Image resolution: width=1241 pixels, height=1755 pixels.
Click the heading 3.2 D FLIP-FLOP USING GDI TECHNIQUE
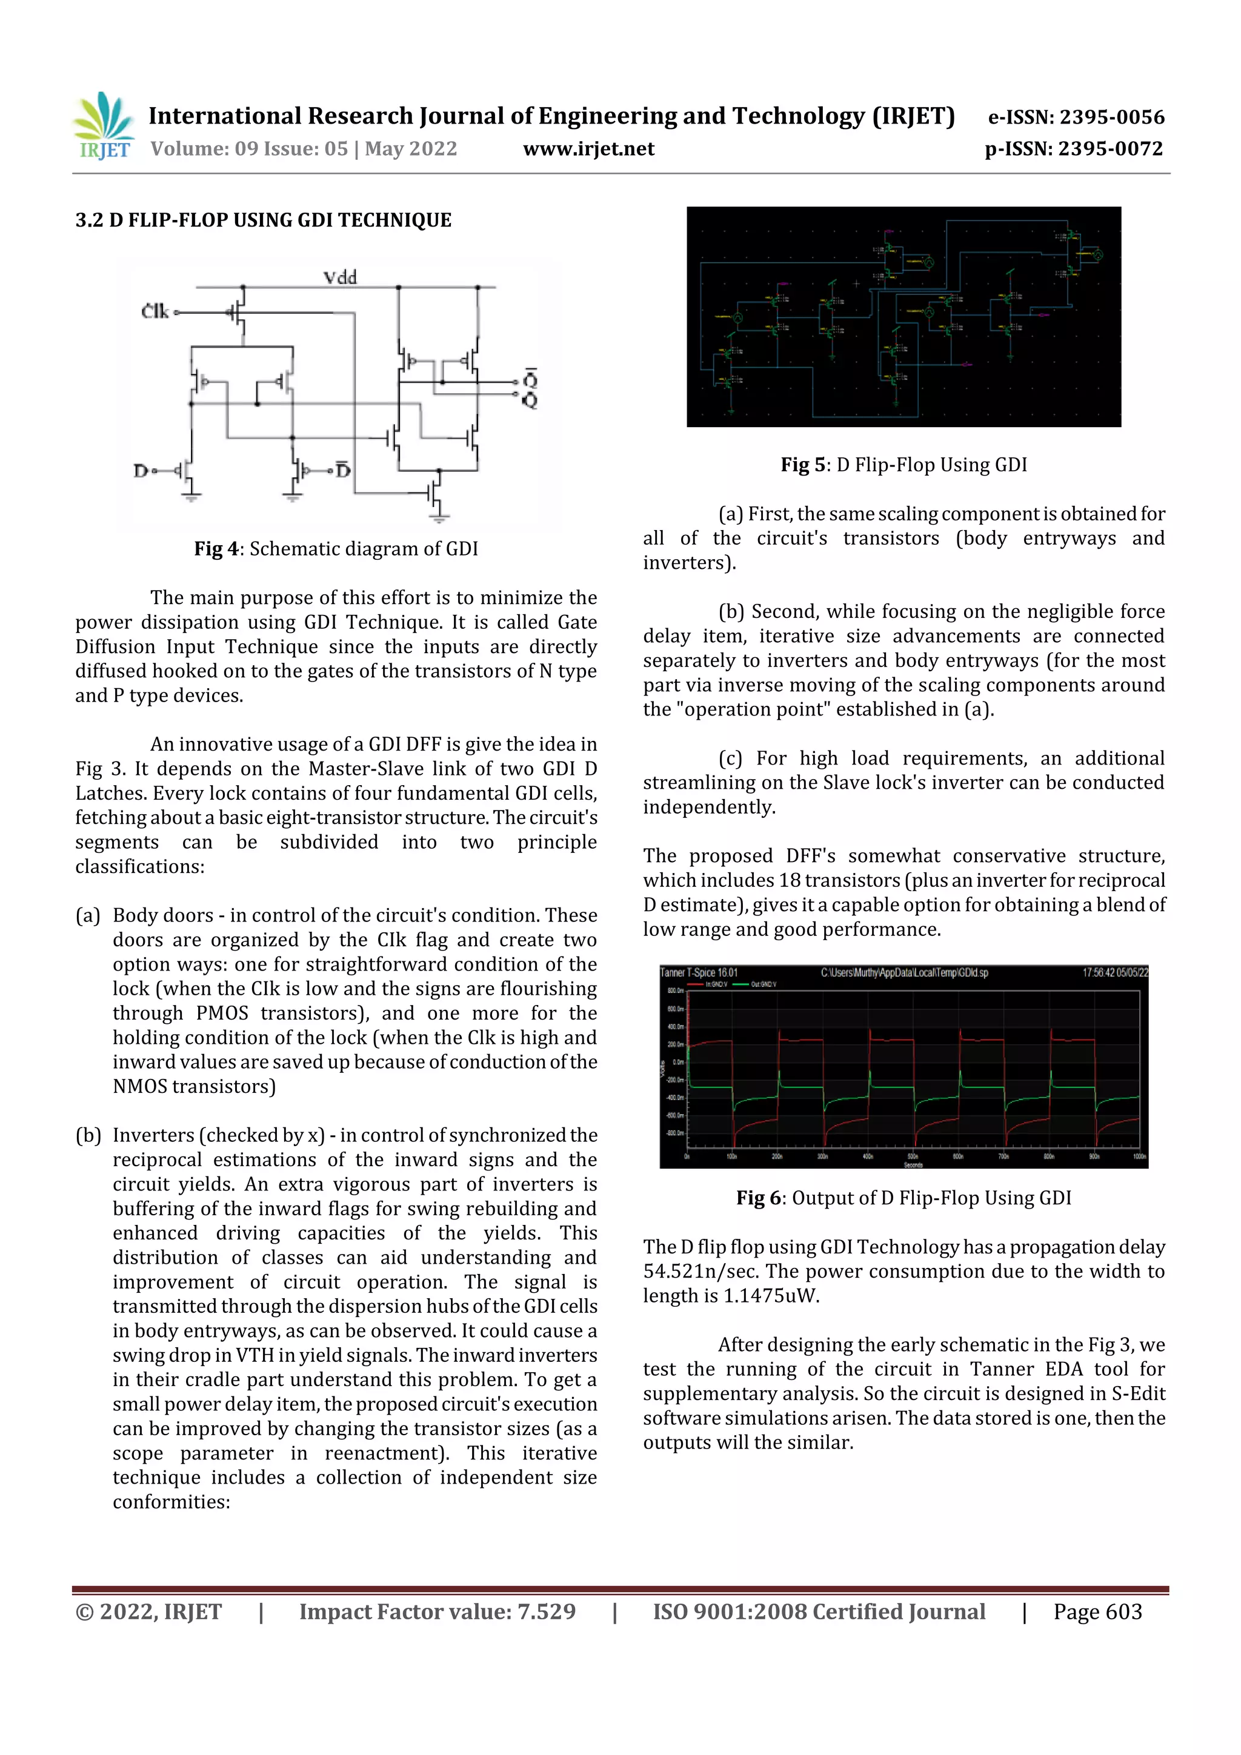click(x=263, y=220)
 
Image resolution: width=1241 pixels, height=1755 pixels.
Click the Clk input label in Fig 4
click(x=155, y=311)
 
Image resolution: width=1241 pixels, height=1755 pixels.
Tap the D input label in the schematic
click(x=141, y=471)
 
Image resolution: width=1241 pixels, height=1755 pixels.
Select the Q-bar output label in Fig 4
click(x=530, y=379)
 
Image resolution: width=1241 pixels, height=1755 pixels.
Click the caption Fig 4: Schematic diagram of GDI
click(x=336, y=549)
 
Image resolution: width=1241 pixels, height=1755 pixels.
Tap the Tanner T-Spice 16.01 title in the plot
click(x=698, y=973)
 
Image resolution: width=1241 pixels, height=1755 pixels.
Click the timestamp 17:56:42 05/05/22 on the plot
click(x=1114, y=973)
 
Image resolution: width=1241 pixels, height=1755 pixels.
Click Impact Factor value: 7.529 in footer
click(x=437, y=1611)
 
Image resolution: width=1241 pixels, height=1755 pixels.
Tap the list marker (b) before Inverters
click(x=88, y=1135)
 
